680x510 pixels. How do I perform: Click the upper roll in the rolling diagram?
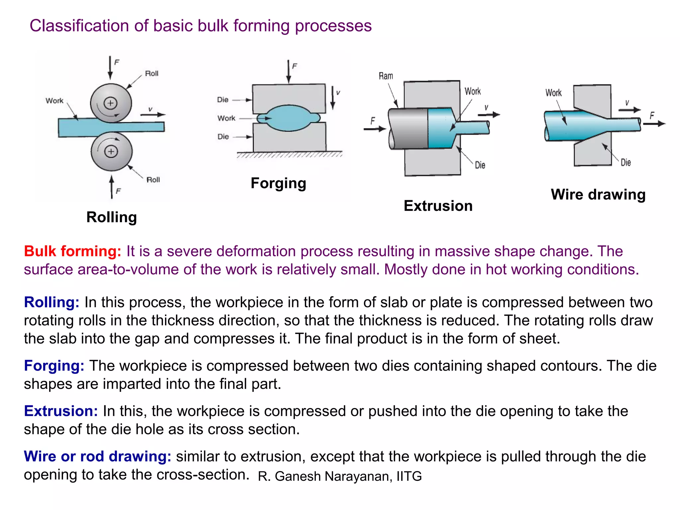pyautogui.click(x=111, y=103)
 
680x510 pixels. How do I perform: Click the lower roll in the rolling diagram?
pyautogui.click(x=112, y=151)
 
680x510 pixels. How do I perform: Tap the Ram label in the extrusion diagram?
pyautogui.click(x=386, y=76)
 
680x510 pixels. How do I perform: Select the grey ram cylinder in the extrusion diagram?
pyautogui.click(x=408, y=128)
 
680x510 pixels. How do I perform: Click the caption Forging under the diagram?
pyautogui.click(x=278, y=183)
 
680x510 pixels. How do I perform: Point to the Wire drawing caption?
pyautogui.click(x=598, y=195)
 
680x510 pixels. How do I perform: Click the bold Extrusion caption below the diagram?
pyautogui.click(x=438, y=206)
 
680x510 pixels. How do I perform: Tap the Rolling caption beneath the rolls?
pyautogui.click(x=112, y=217)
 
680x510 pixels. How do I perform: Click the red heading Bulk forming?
pyautogui.click(x=72, y=251)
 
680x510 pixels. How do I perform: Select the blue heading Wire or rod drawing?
pyautogui.click(x=97, y=456)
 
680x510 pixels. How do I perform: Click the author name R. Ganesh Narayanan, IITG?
pyautogui.click(x=339, y=476)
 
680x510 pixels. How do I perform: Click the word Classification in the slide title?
pyautogui.click(x=79, y=26)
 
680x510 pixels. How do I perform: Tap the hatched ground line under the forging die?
pyautogui.click(x=289, y=155)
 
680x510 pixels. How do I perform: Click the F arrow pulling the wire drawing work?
pyautogui.click(x=654, y=124)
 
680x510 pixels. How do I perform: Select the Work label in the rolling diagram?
pyautogui.click(x=54, y=101)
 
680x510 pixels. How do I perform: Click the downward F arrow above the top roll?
pyautogui.click(x=110, y=68)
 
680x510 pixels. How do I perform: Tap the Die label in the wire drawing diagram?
pyautogui.click(x=626, y=162)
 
